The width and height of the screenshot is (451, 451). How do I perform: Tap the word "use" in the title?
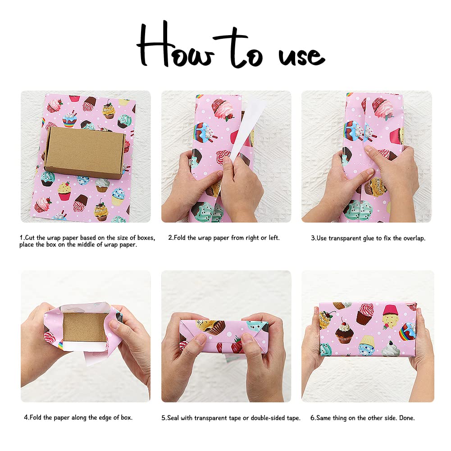coord(301,56)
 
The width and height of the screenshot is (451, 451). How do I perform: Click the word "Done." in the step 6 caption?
coord(407,418)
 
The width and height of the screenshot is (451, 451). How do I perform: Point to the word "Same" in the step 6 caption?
coord(323,418)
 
